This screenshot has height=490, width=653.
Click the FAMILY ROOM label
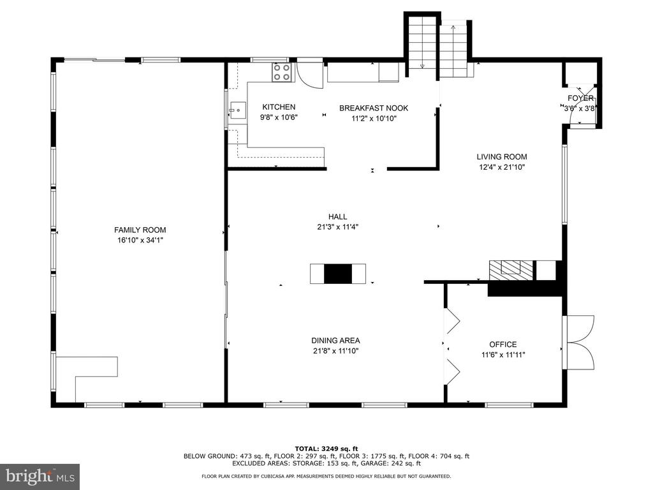[x=140, y=230]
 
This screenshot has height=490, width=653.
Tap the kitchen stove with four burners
[x=281, y=72]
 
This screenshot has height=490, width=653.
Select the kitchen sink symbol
[x=237, y=110]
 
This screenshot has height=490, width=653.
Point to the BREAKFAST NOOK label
[x=374, y=108]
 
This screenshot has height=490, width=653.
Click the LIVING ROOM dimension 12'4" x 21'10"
[x=502, y=168]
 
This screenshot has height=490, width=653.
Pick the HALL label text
[x=338, y=217]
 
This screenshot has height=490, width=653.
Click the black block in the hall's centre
[x=338, y=274]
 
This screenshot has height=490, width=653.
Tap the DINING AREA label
[x=335, y=341]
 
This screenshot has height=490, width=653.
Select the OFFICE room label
[x=503, y=345]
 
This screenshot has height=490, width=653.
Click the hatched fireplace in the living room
[x=511, y=271]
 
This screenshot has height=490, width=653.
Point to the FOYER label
[x=580, y=98]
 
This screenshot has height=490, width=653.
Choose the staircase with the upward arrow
[x=453, y=49]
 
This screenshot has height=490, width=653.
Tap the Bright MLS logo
[x=40, y=476]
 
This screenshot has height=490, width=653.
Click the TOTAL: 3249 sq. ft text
[x=326, y=449]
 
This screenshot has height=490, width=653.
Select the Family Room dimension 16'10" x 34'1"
[x=140, y=241]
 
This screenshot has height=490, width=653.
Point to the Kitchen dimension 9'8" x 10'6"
[x=279, y=117]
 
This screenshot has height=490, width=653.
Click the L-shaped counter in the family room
[x=87, y=379]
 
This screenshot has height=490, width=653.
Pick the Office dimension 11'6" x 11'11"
[x=503, y=355]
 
